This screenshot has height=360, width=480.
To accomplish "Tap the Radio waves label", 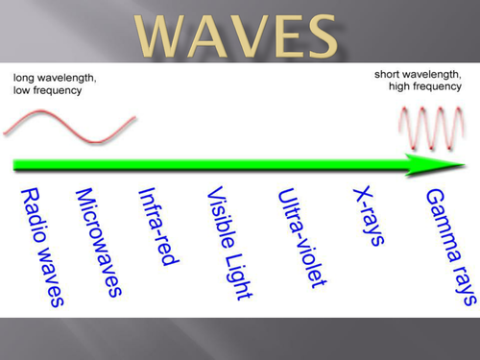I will pos(41,246).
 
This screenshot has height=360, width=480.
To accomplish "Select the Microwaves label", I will pos(100,241).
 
